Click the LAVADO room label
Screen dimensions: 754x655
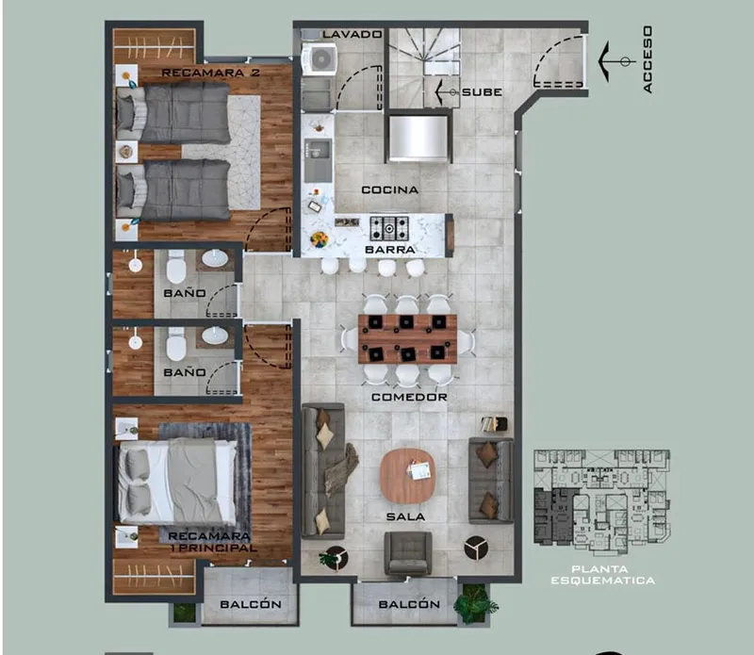point(352,34)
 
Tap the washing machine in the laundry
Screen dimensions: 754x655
point(319,58)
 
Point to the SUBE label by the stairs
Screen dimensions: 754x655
point(482,91)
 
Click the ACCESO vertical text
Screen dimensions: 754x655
point(647,59)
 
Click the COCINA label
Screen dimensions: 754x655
point(390,190)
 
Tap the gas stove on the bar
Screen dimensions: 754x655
point(389,228)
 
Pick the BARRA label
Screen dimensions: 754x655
point(390,250)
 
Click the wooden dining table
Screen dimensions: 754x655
point(407,339)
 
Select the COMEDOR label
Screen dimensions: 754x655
point(409,397)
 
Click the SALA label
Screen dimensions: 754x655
point(406,517)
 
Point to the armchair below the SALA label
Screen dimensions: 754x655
point(408,553)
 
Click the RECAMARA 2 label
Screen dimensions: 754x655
point(210,73)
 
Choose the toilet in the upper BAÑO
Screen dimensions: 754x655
point(175,266)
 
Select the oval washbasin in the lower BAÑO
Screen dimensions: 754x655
point(215,336)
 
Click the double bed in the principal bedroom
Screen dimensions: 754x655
point(177,481)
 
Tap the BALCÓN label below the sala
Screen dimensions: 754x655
point(409,604)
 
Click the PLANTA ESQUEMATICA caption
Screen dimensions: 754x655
point(603,575)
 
